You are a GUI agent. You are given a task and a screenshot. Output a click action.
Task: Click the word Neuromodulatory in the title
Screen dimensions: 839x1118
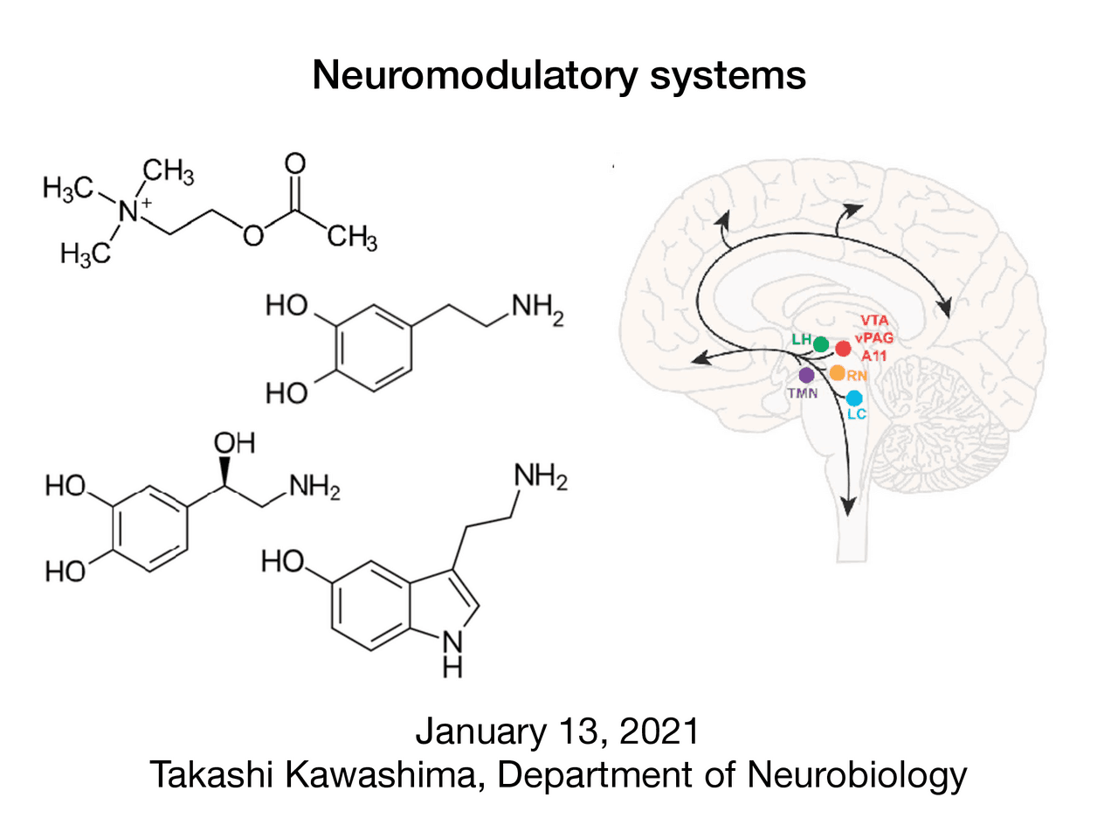click(476, 75)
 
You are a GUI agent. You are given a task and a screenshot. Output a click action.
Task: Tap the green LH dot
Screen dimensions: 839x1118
click(821, 344)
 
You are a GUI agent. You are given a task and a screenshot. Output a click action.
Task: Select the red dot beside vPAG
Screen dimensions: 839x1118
click(843, 349)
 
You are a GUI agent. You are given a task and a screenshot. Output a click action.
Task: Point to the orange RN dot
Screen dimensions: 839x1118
click(837, 373)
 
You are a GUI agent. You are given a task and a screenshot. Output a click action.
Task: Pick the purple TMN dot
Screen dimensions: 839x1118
click(806, 375)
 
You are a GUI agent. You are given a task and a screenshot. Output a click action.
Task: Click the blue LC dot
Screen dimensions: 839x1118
click(854, 399)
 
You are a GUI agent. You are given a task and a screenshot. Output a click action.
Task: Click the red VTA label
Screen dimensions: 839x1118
click(873, 321)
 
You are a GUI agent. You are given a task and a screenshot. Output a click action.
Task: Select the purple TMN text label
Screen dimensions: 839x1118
click(803, 393)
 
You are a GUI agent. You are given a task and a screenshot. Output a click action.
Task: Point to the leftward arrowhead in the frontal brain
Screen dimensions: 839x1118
click(699, 358)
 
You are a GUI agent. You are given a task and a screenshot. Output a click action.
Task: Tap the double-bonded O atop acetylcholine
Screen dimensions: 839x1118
click(295, 163)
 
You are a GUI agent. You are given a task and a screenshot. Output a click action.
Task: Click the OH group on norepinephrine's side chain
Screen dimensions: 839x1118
click(234, 443)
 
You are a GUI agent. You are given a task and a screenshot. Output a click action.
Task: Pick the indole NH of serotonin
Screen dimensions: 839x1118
click(452, 654)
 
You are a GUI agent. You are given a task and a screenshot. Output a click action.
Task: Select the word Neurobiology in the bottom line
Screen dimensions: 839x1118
click(857, 775)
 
